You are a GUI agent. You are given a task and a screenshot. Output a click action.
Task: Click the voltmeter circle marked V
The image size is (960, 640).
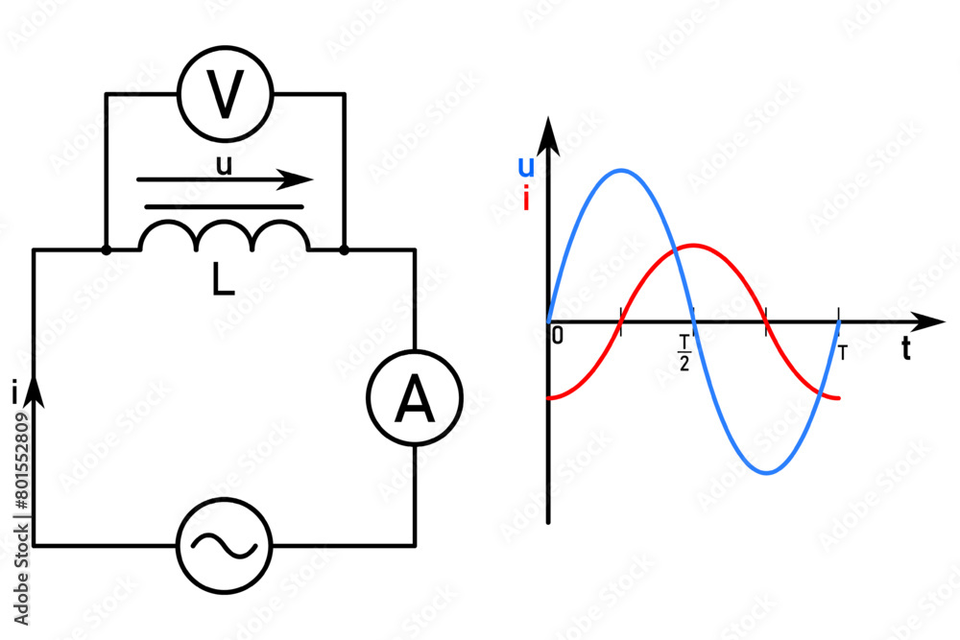pyautogui.click(x=226, y=95)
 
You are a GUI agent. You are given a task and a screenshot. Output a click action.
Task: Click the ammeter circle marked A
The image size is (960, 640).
pyautogui.click(x=415, y=401)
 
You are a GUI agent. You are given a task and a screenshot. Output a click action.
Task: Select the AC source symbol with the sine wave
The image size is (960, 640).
pyautogui.click(x=225, y=545)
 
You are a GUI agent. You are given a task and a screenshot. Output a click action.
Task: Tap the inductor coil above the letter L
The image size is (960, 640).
pyautogui.click(x=225, y=236)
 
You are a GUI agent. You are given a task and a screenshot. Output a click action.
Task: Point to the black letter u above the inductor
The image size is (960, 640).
pyautogui.click(x=224, y=165)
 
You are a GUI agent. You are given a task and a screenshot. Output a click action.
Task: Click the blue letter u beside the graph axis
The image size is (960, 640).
pyautogui.click(x=526, y=167)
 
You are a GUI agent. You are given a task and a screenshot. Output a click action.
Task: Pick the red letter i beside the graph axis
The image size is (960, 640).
pyautogui.click(x=526, y=200)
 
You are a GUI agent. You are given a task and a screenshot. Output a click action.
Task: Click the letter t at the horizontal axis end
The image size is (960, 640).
pyautogui.click(x=905, y=350)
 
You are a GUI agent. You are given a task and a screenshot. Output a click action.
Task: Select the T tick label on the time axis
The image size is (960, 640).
pyautogui.click(x=842, y=352)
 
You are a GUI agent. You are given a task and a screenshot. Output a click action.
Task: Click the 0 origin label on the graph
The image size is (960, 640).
pyautogui.click(x=558, y=336)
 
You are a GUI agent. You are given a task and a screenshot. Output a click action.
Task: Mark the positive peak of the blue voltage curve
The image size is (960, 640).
pyautogui.click(x=621, y=171)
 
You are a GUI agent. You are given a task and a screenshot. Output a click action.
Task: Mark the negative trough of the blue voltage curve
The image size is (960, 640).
pyautogui.click(x=767, y=472)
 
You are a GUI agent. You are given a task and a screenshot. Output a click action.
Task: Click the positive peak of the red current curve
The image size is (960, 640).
pyautogui.click(x=694, y=245)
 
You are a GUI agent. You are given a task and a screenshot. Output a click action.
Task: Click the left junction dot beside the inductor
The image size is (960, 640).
pyautogui.click(x=106, y=249)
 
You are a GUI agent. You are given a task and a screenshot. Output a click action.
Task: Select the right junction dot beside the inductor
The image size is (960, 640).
pyautogui.click(x=344, y=249)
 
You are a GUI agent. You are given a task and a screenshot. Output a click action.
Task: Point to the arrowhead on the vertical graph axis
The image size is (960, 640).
pyautogui.click(x=548, y=134)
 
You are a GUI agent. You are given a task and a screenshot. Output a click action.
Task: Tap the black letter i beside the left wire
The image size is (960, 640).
pyautogui.click(x=14, y=391)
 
